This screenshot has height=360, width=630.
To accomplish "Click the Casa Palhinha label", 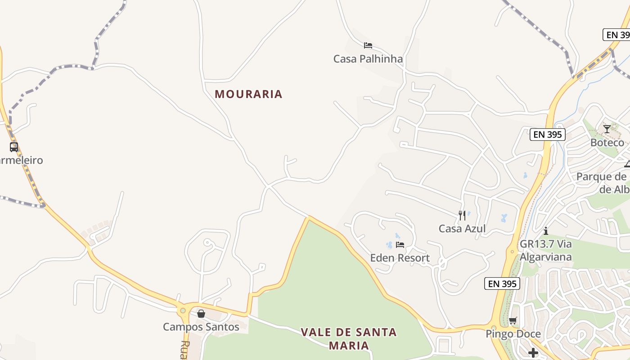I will [x=368, y=59].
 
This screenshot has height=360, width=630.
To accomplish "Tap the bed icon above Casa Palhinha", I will [x=368, y=45].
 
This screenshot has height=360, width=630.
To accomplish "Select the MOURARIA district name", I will [x=248, y=94].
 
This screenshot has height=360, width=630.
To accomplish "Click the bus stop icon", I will [x=14, y=147].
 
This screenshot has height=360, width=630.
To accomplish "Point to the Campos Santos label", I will [x=201, y=327].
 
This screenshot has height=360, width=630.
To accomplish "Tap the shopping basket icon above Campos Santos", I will [x=201, y=313].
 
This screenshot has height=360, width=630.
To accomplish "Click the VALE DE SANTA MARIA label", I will [x=349, y=338].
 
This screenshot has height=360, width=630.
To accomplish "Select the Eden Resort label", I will [x=400, y=258].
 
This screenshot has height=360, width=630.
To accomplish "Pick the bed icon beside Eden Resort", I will [x=400, y=245].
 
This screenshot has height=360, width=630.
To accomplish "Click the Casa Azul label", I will [x=462, y=229].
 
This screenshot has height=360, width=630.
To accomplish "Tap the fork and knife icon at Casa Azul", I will [x=462, y=216].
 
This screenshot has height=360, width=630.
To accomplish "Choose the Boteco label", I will [x=607, y=143].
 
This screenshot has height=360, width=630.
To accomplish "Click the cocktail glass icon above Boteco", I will [x=607, y=129].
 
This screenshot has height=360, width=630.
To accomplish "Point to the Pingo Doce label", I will [x=513, y=334].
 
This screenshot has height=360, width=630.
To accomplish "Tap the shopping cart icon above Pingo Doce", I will [x=513, y=320].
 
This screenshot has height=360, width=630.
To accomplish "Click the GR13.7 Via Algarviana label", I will [x=545, y=250].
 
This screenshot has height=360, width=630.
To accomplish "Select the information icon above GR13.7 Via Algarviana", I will [x=546, y=231].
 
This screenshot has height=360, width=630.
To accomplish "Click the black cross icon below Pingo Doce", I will [x=533, y=352].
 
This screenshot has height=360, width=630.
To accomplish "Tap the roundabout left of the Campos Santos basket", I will [x=183, y=310].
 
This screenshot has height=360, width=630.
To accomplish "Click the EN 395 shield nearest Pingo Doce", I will [x=502, y=283].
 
